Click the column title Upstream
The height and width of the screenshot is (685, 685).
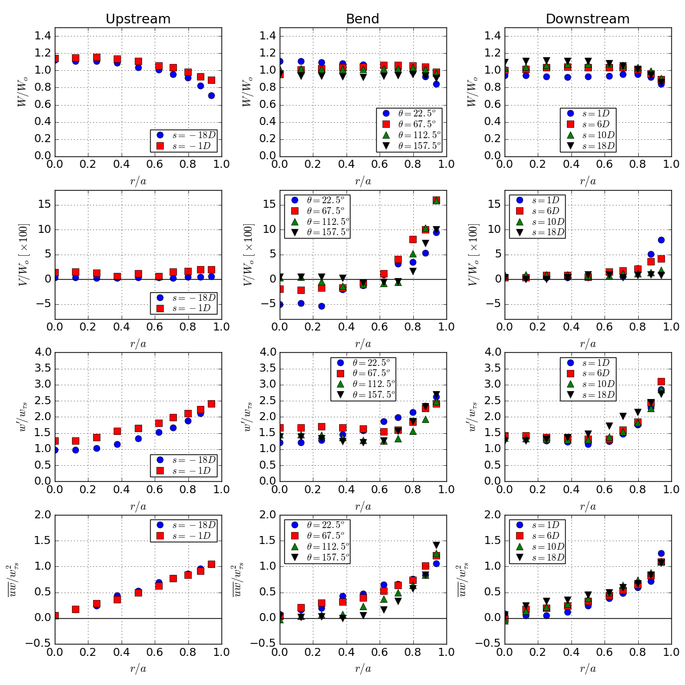pos(138,19)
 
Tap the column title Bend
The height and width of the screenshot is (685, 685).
pos(362,19)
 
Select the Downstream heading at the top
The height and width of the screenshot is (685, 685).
pos(587,19)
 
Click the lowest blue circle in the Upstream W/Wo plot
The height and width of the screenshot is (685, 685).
pos(212,96)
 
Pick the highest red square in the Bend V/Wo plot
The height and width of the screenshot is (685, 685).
pos(436,200)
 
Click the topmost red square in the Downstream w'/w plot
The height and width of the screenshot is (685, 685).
pos(661,381)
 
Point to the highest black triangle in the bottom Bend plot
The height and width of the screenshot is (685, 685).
pos(436,545)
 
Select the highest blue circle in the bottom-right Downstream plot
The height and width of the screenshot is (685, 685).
pos(661,553)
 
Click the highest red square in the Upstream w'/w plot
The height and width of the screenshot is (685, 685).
pos(212,404)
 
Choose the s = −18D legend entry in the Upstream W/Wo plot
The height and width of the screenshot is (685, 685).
pos(184,135)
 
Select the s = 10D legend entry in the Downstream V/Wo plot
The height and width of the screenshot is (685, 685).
pos(537,221)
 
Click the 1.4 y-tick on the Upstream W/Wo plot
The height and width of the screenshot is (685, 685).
pos(43,36)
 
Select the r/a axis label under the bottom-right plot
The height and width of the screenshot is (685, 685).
pos(587,668)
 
